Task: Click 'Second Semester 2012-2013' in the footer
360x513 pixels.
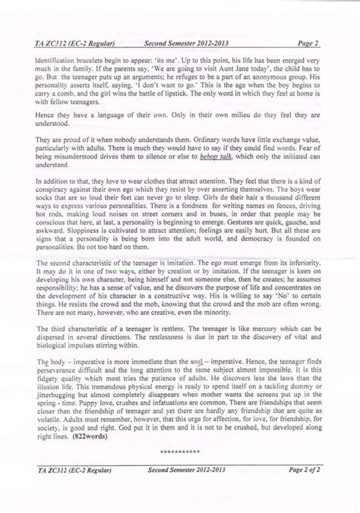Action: [x=181, y=471]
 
